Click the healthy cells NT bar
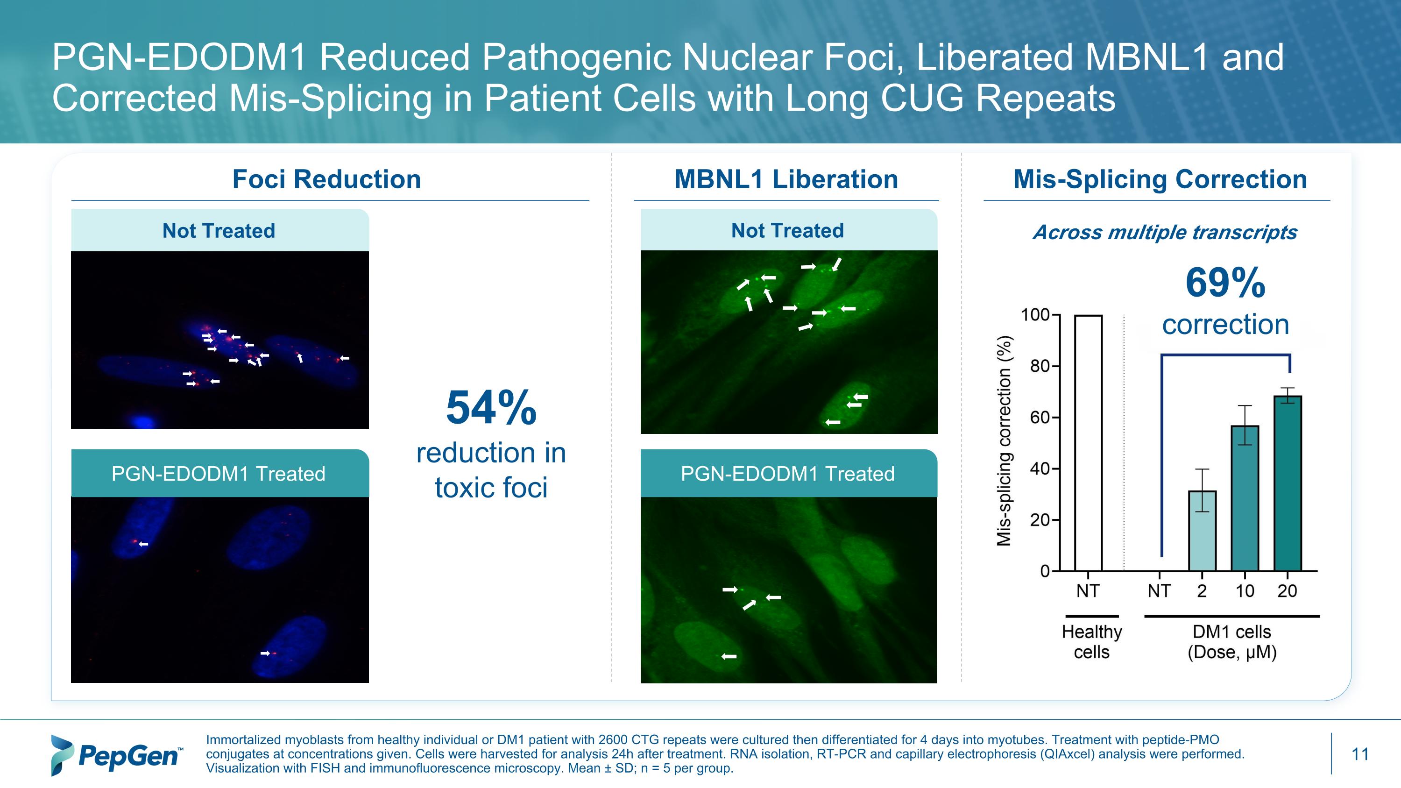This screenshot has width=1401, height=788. coord(1088,443)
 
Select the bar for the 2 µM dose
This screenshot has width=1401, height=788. coord(1202,531)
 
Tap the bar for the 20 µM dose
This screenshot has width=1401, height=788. coord(1288,483)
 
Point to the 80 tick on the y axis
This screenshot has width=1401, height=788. coord(1040,367)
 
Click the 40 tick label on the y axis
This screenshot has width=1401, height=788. coord(1040,469)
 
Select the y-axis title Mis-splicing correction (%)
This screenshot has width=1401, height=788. coord(1004,441)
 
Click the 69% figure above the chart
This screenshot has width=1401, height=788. coord(1225,283)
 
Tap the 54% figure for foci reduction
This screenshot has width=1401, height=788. coord(491,408)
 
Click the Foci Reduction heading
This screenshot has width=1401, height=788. coord(326,179)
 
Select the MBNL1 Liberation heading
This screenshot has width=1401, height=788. coord(786,179)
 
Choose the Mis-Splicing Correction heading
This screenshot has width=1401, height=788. coord(1160,179)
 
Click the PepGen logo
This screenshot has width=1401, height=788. coord(116,755)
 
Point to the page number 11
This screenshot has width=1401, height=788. coord(1359,754)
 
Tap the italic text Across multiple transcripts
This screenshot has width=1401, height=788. coord(1164,232)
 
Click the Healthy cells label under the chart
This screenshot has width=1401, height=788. coord(1091,642)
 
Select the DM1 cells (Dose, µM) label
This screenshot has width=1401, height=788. coord(1232,642)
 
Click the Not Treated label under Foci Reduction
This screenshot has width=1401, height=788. coord(219,231)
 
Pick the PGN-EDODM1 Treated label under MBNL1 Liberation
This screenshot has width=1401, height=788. coord(787,474)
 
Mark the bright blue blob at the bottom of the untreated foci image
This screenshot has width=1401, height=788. coord(142,421)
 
